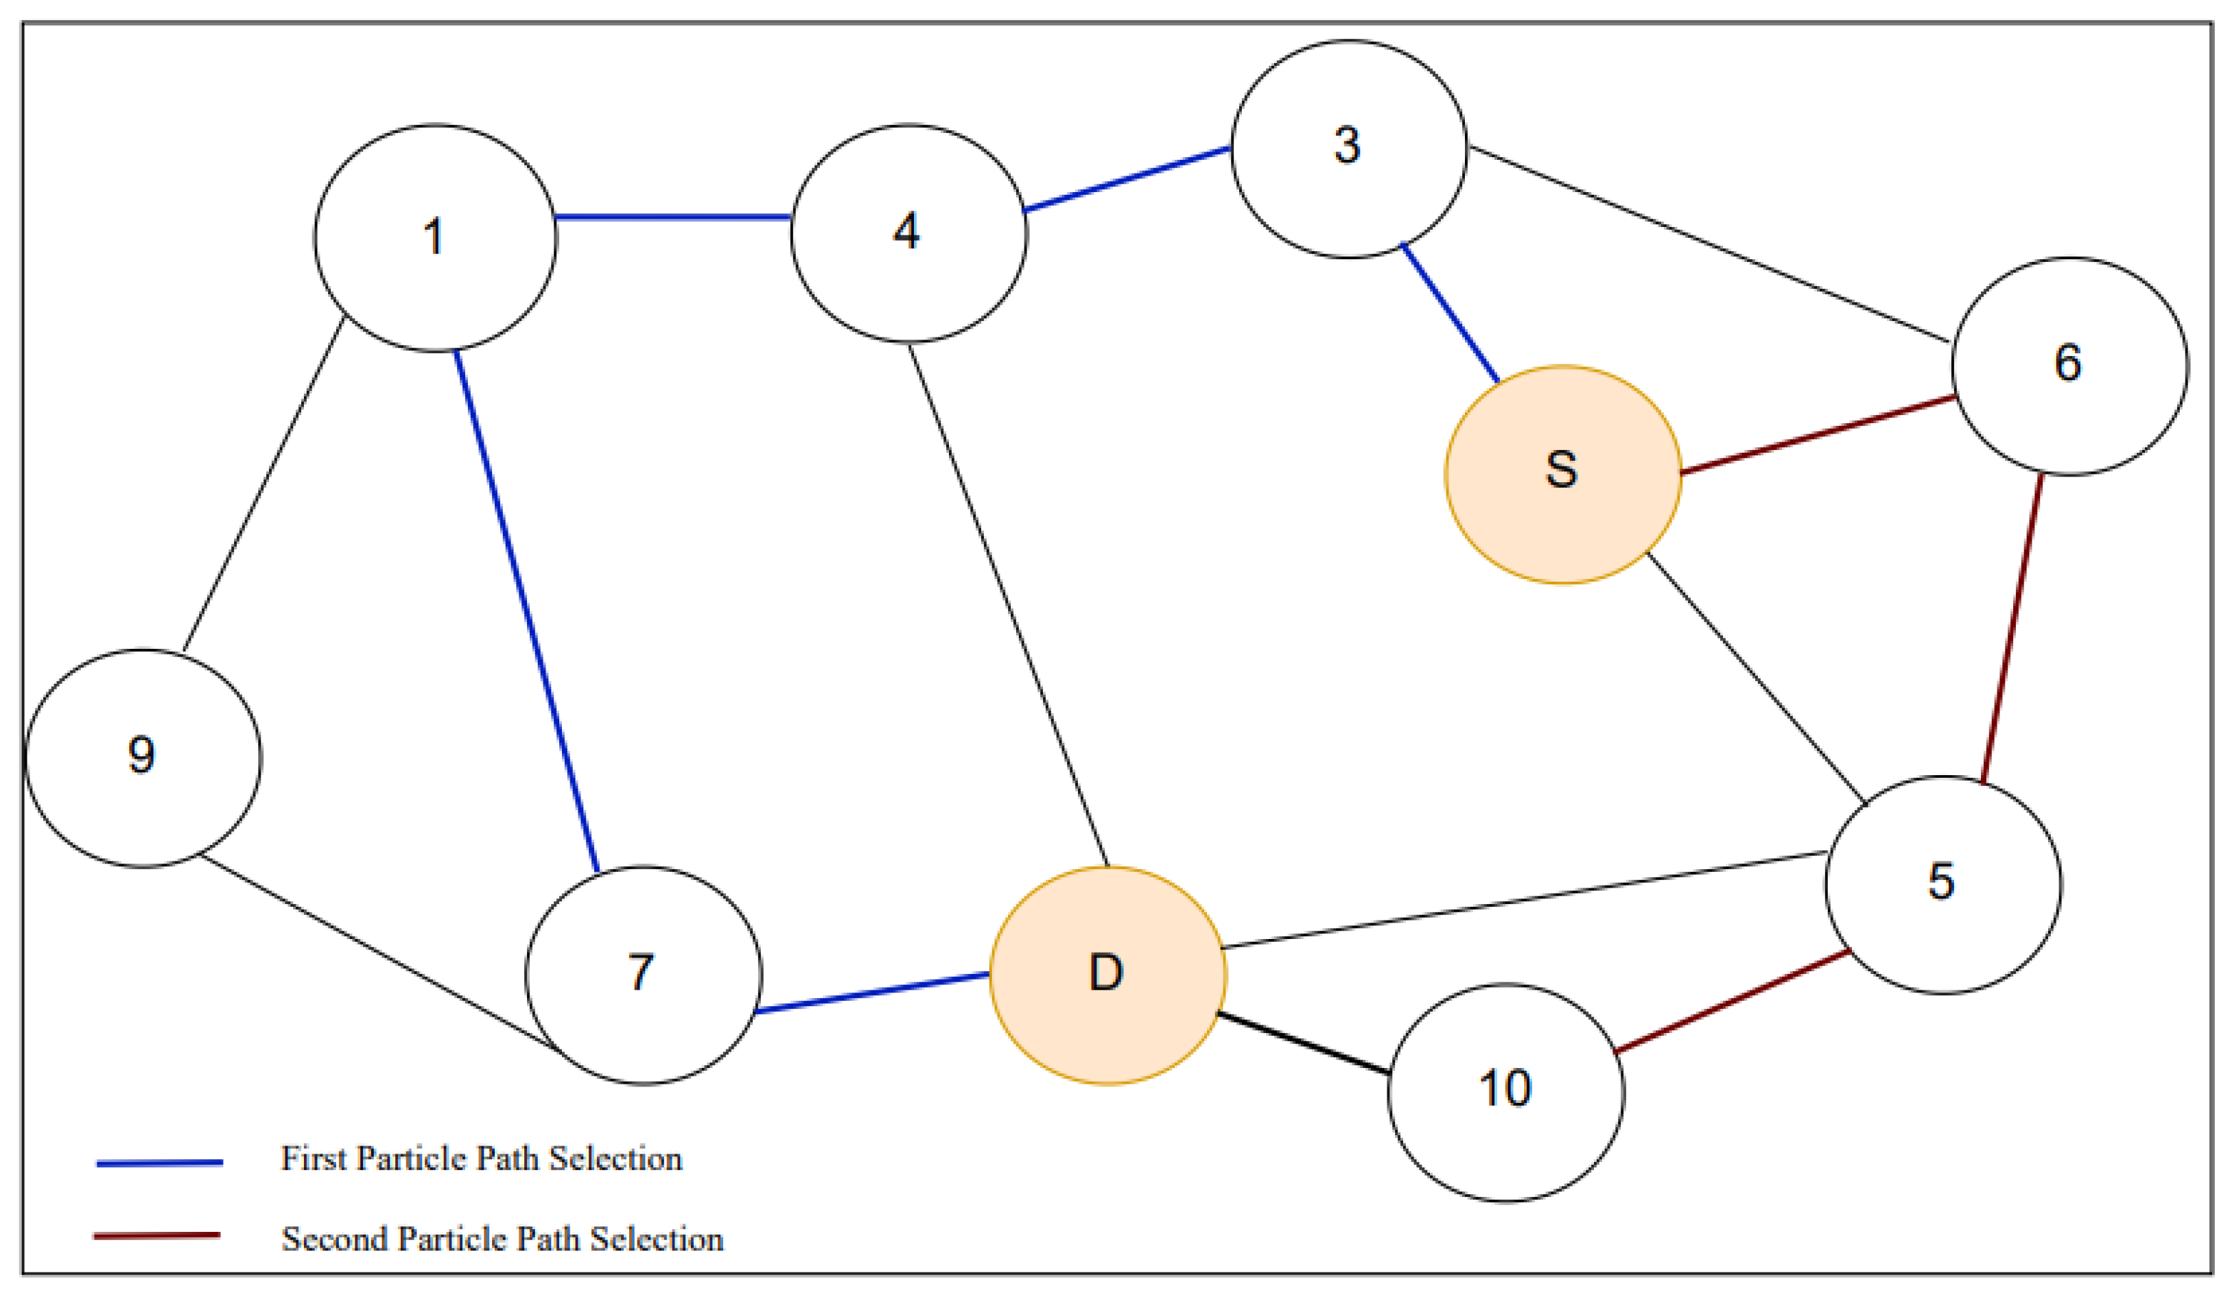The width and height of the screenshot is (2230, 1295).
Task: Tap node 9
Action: click(x=143, y=757)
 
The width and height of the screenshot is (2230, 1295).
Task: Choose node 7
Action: click(x=644, y=975)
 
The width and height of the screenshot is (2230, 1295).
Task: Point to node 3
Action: click(x=1348, y=149)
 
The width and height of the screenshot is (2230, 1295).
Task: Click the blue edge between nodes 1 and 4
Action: click(x=672, y=217)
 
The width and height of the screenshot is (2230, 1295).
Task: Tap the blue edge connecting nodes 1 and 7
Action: click(x=526, y=610)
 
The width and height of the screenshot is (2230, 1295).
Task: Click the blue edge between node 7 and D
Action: click(x=873, y=993)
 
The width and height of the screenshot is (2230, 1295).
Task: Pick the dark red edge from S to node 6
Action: click(x=1818, y=435)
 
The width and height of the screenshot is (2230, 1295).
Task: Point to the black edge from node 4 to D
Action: click(x=1009, y=605)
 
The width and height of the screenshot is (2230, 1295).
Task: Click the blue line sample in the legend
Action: click(x=159, y=1163)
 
